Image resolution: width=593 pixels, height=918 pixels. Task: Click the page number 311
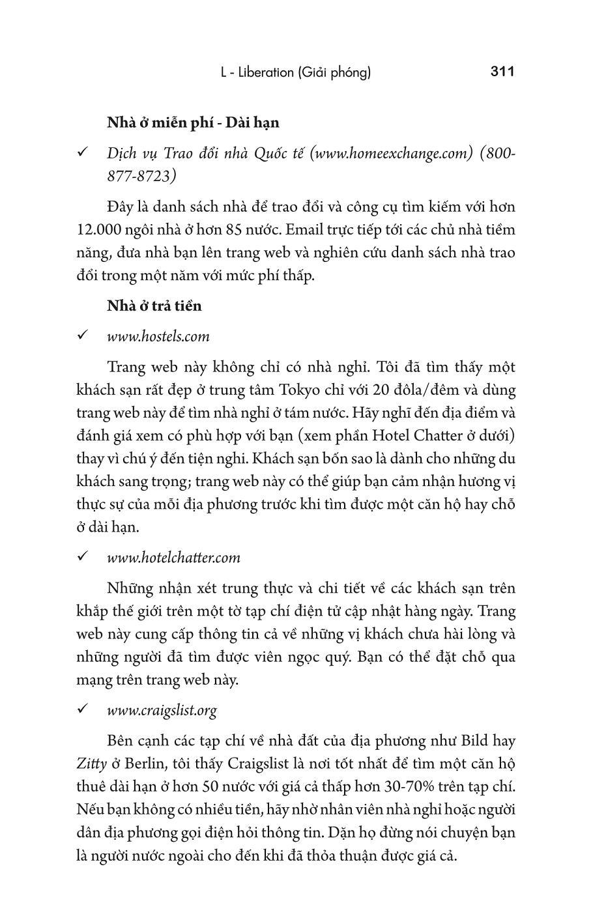pyautogui.click(x=502, y=72)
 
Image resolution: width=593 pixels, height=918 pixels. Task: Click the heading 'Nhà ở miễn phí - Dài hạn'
pyautogui.click(x=193, y=122)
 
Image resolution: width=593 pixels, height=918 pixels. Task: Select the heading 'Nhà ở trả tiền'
pyautogui.click(x=154, y=306)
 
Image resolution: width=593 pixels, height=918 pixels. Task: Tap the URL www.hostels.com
pyautogui.click(x=158, y=337)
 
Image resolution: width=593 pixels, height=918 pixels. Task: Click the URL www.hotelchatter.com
pyautogui.click(x=173, y=558)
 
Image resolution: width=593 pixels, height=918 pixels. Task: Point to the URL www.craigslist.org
pyautogui.click(x=162, y=710)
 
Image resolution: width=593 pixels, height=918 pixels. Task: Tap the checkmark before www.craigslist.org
pyautogui.click(x=83, y=710)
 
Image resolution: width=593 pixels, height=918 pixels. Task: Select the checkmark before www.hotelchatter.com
pyautogui.click(x=83, y=557)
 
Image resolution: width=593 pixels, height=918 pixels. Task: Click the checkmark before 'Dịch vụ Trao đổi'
pyautogui.click(x=83, y=153)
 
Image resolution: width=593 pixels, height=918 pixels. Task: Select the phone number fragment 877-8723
pyautogui.click(x=141, y=177)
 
